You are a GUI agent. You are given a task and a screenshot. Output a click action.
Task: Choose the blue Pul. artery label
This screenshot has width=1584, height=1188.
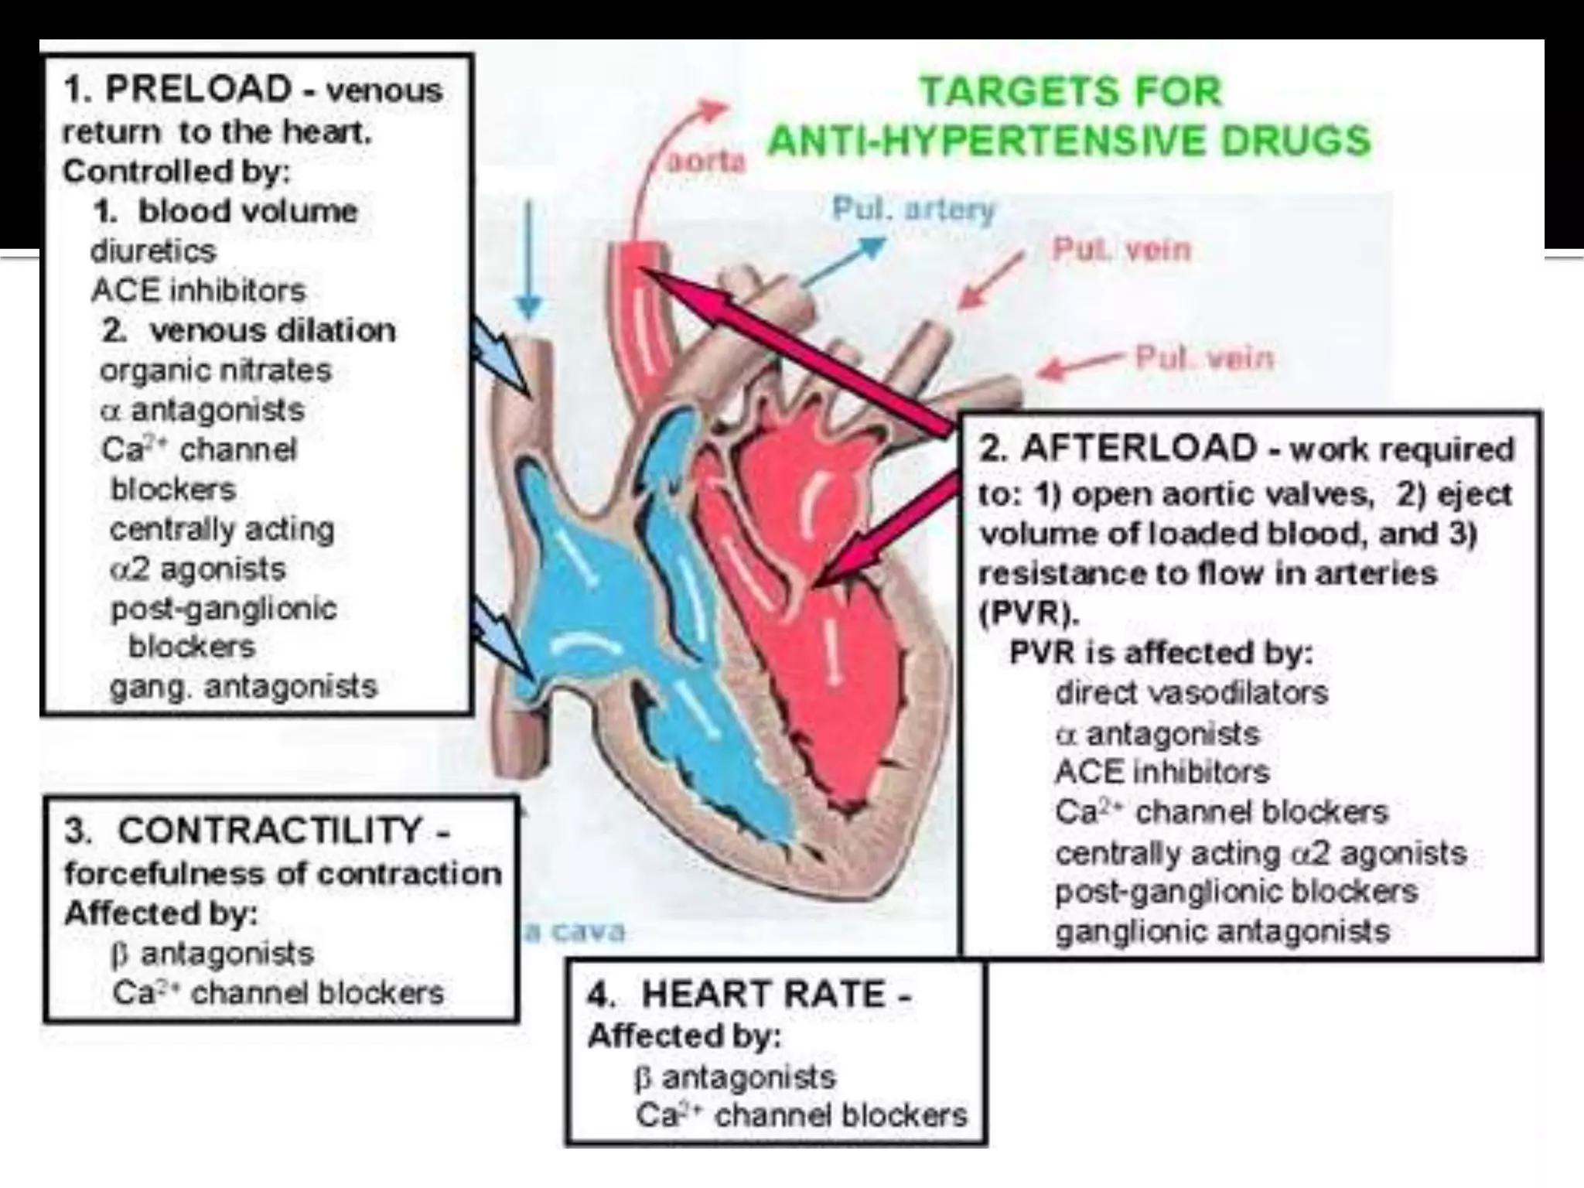click(913, 210)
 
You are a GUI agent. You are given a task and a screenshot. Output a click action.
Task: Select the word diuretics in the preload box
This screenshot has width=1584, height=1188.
click(153, 251)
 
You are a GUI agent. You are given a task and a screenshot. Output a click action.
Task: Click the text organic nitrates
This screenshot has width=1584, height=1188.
click(215, 370)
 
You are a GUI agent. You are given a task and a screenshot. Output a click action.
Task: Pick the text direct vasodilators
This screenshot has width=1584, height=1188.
click(1191, 693)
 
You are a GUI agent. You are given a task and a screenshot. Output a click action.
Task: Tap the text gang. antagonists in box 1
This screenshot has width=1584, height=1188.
click(243, 687)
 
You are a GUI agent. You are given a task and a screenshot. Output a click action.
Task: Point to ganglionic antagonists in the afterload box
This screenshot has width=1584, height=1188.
click(1222, 931)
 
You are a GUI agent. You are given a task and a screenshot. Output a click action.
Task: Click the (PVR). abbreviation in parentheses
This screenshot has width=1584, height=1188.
click(1028, 613)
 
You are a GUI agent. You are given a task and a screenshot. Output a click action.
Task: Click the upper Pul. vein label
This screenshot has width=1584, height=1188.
click(1121, 251)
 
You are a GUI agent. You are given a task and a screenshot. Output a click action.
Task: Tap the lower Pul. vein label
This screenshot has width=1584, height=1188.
click(1203, 359)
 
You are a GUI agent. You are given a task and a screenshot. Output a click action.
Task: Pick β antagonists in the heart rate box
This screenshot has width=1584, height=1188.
click(734, 1077)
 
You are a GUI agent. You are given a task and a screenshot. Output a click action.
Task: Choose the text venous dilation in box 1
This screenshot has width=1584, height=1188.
click(272, 331)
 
